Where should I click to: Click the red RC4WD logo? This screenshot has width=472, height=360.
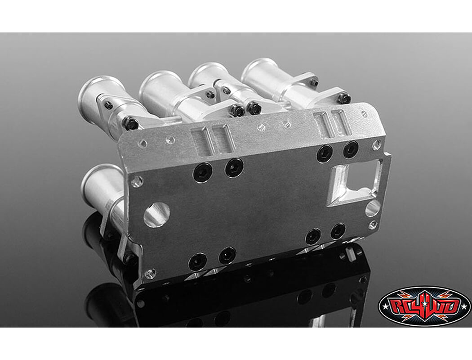[x=424, y=306]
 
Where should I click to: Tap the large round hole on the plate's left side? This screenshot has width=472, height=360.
[x=157, y=214]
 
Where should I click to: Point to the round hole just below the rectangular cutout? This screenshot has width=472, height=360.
[x=373, y=208]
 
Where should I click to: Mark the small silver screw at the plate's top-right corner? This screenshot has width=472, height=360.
[x=377, y=144]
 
